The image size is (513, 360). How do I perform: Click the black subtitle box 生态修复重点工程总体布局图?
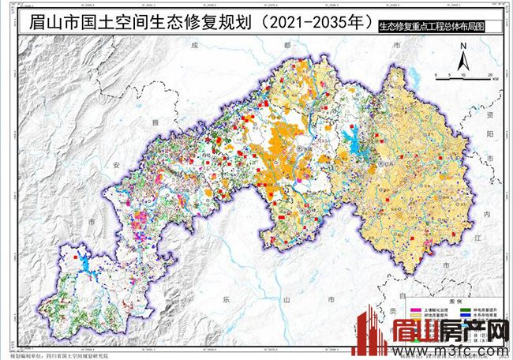click(x=429, y=26)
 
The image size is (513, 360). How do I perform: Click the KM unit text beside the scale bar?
click(x=495, y=79)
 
